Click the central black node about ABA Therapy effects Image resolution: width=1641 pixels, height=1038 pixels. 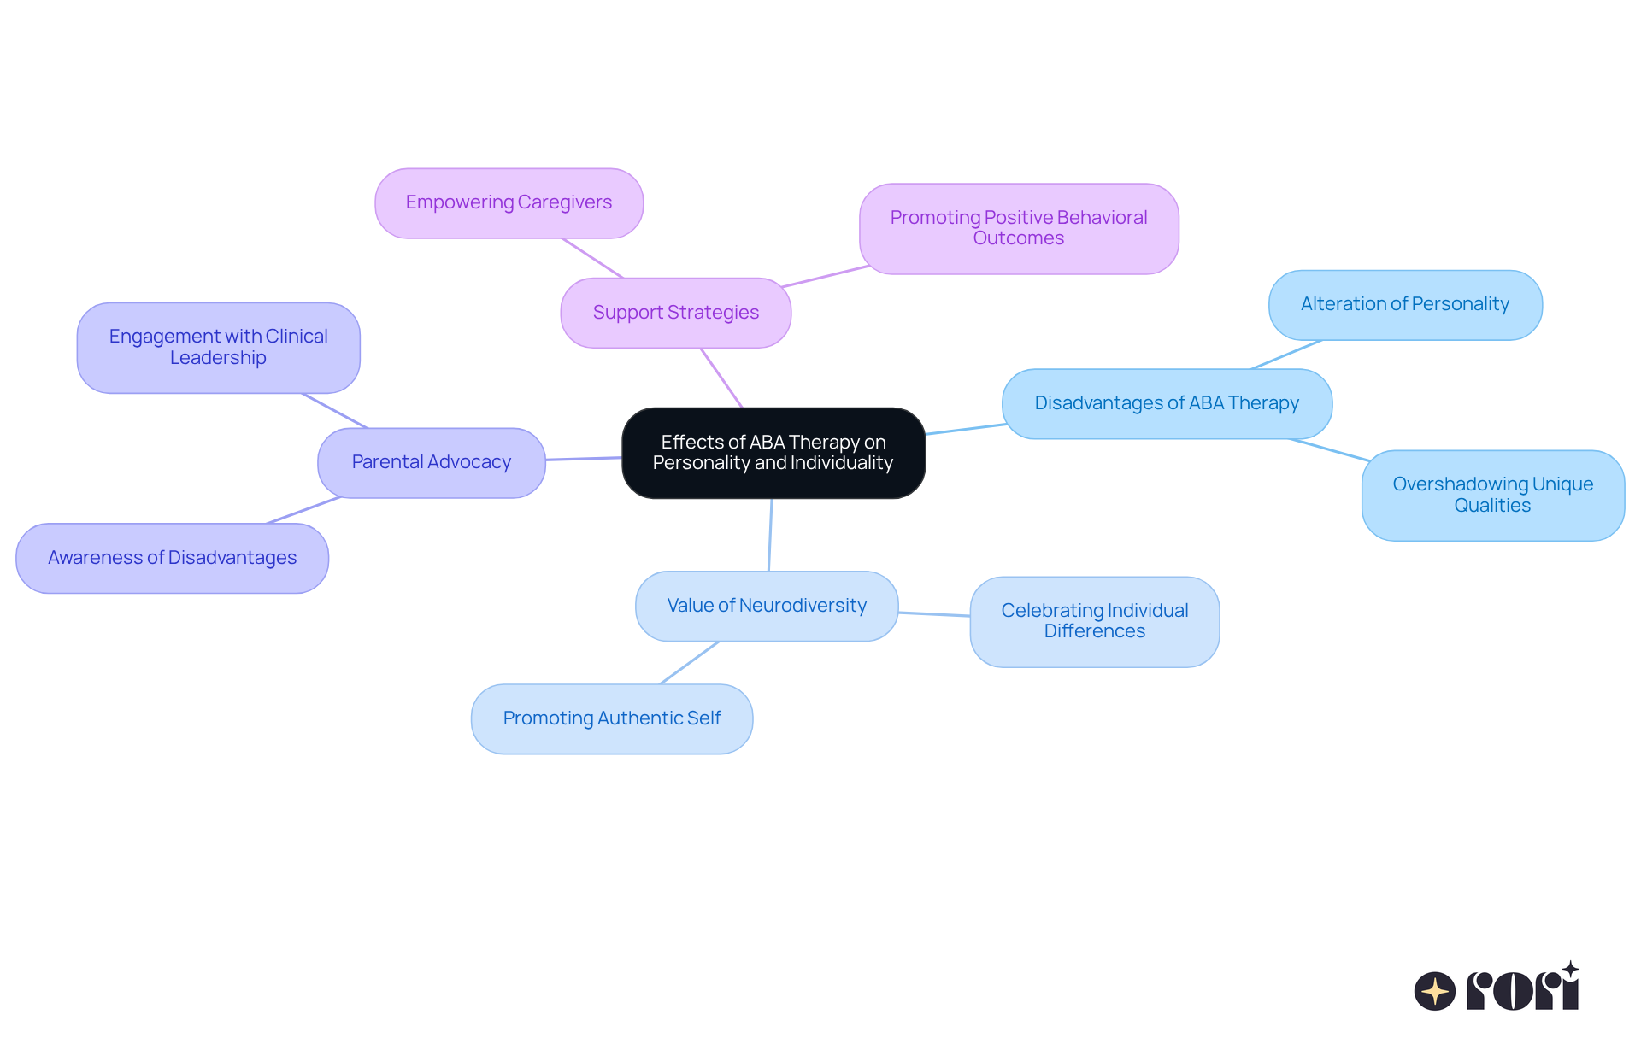pyautogui.click(x=773, y=453)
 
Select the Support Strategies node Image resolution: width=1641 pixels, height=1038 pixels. pyautogui.click(x=675, y=313)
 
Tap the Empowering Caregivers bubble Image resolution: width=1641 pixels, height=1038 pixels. pyautogui.click(x=509, y=202)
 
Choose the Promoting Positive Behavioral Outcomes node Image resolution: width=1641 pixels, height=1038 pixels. pyautogui.click(x=1019, y=228)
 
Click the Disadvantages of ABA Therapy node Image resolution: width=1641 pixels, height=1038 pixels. pyautogui.click(x=1167, y=403)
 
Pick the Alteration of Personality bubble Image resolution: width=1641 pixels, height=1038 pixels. pyautogui.click(x=1405, y=304)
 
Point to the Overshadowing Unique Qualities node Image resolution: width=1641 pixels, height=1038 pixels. pyautogui.click(x=1492, y=495)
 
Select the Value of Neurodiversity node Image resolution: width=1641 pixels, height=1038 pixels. pyautogui.click(x=767, y=606)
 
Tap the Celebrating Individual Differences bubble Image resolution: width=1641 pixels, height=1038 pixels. pyautogui.click(x=1094, y=621)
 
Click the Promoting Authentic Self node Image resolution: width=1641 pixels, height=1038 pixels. pyautogui.click(x=612, y=718)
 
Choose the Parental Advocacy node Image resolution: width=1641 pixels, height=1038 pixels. pyautogui.click(x=431, y=462)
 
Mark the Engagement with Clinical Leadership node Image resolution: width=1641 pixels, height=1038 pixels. pyautogui.click(x=218, y=347)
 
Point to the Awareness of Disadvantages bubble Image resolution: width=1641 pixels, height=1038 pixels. pyautogui.click(x=172, y=558)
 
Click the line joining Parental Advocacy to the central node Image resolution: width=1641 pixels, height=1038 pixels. pyautogui.click(x=584, y=459)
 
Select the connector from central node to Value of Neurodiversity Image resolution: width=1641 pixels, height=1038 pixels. pyautogui.click(x=770, y=535)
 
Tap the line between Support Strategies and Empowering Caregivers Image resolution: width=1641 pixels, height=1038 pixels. pyautogui.click(x=592, y=258)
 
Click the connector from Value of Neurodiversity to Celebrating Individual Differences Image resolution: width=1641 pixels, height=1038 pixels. pyautogui.click(x=934, y=614)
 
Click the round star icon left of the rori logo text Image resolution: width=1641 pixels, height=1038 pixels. pyautogui.click(x=1434, y=991)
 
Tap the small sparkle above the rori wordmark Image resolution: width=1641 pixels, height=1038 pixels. pyautogui.click(x=1570, y=970)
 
